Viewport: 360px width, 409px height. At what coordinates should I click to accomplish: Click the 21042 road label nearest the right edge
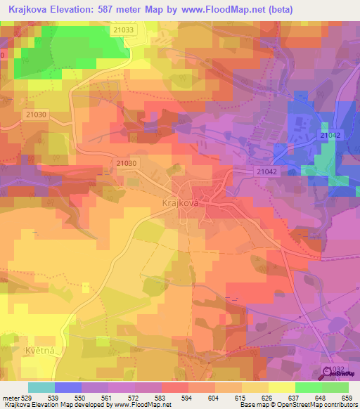(x=330, y=134)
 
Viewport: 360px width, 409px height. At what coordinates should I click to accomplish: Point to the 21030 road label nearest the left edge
(x=34, y=115)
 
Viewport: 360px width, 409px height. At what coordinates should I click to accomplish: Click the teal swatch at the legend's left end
(x=41, y=387)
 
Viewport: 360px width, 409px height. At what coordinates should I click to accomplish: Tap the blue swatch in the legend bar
(x=67, y=387)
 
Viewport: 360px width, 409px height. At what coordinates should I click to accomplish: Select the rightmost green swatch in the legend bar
(x=335, y=387)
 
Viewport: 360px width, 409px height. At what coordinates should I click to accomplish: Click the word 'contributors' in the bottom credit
(x=340, y=405)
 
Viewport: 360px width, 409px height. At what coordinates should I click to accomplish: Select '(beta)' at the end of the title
(x=278, y=10)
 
